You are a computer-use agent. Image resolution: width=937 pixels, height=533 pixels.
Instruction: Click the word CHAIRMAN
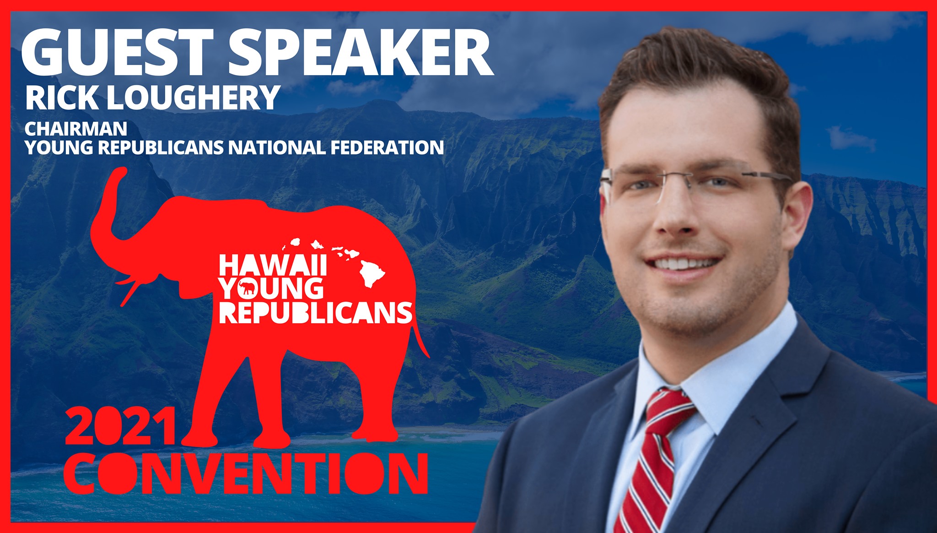76,129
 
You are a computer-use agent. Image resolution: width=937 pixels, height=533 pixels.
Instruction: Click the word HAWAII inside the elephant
273,265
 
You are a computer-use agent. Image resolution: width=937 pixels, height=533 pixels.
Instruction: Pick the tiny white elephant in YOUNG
247,288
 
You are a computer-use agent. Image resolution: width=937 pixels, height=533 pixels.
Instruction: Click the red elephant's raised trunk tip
120,172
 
